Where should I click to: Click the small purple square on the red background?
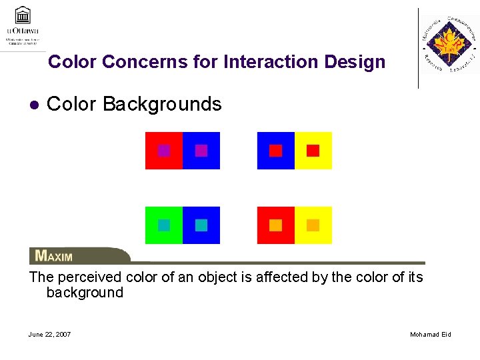coord(164,151)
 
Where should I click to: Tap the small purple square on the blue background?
coord(201,151)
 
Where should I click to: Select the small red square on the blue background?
coord(275,151)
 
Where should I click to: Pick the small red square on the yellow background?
coord(313,151)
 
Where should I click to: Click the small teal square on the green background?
coord(164,225)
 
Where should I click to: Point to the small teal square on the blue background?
coord(201,225)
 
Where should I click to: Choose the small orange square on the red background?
coord(275,225)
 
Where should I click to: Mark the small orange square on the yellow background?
coord(313,225)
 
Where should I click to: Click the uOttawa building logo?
coord(23,15)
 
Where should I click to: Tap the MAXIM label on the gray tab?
coord(54,256)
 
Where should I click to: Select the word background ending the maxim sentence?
coord(85,293)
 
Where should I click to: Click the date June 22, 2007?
coord(50,334)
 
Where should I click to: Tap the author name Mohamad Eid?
coord(430,334)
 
